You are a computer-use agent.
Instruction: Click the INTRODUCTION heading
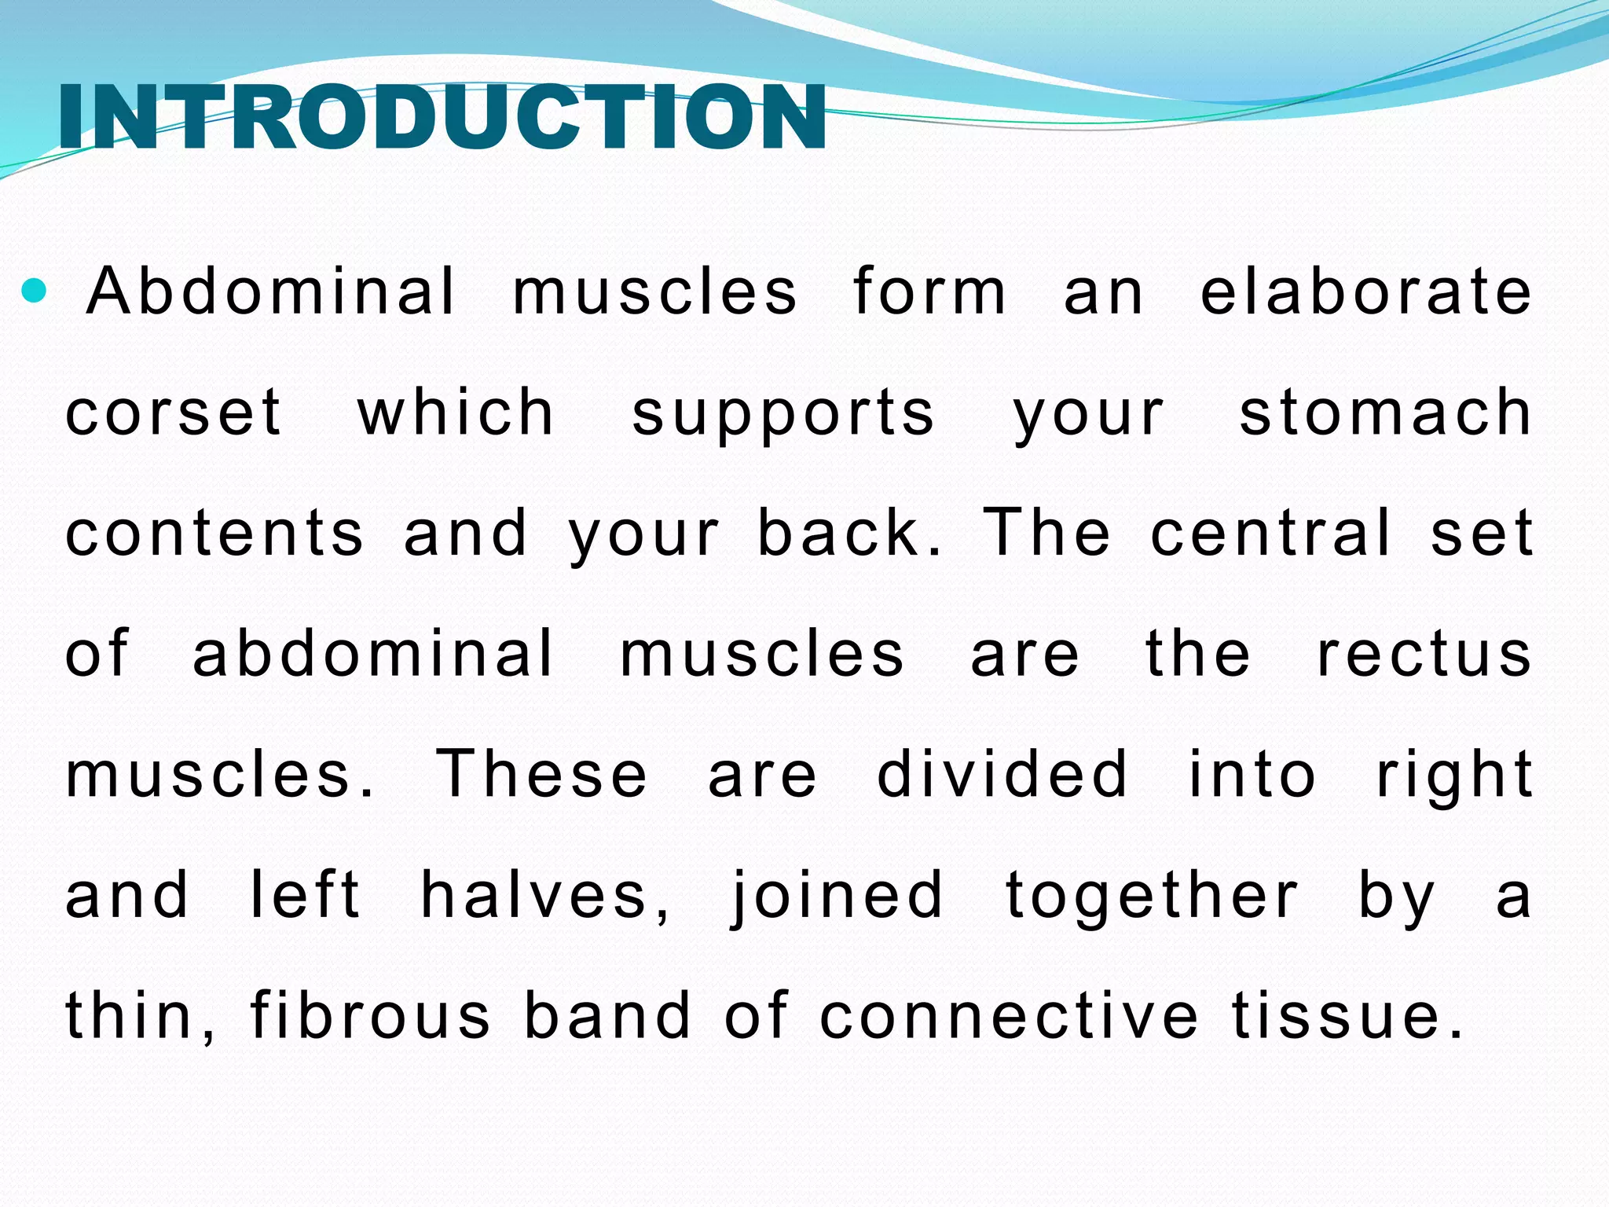click(x=442, y=118)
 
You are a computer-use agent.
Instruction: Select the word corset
click(x=173, y=413)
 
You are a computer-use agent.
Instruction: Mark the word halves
click(x=545, y=897)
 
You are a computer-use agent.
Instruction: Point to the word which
click(x=456, y=413)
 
